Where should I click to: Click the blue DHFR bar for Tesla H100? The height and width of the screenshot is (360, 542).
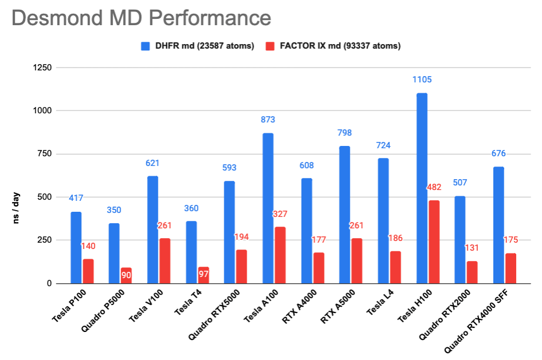point(422,189)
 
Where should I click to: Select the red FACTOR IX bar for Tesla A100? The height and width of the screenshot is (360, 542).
point(280,255)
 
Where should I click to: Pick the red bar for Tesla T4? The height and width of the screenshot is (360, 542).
point(203,275)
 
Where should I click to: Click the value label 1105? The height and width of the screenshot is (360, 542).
point(422,80)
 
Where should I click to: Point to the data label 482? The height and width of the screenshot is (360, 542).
point(434,187)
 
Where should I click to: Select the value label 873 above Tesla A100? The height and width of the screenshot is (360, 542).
point(268,120)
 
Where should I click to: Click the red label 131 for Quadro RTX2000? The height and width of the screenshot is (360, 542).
point(472,248)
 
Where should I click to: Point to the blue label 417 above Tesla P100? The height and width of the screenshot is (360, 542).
point(76,199)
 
